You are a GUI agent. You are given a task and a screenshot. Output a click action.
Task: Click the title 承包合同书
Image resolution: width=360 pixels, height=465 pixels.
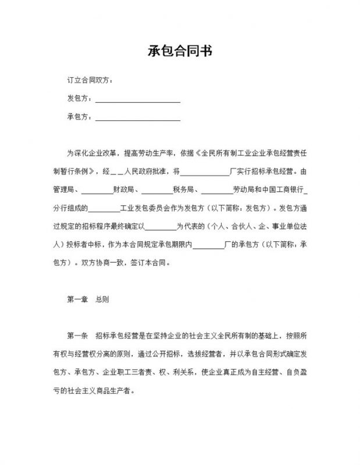pos(179,51)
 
